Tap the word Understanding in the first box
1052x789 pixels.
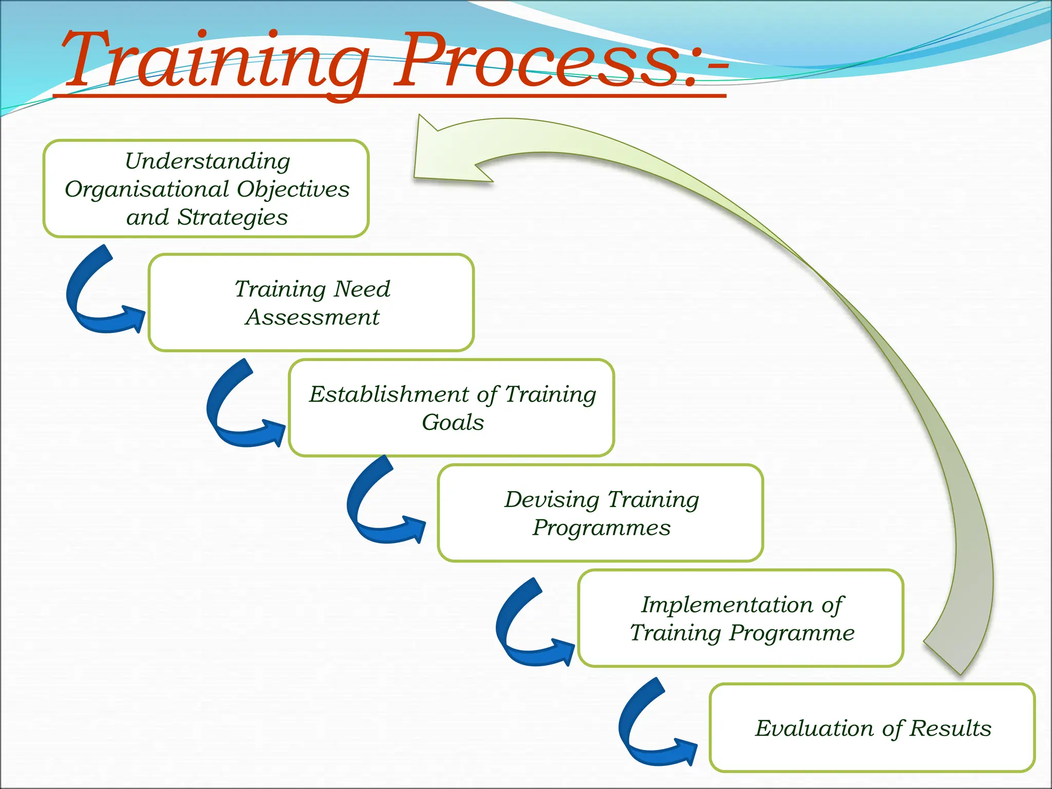(x=208, y=161)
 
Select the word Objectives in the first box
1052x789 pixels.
(x=293, y=190)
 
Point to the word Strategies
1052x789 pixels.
(x=232, y=217)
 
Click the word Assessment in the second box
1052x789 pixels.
(x=312, y=317)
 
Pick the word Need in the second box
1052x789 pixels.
(x=362, y=289)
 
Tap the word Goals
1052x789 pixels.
(x=453, y=422)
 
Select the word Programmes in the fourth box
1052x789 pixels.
(x=602, y=528)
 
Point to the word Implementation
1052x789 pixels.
(x=726, y=605)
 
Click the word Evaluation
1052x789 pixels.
(x=814, y=728)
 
